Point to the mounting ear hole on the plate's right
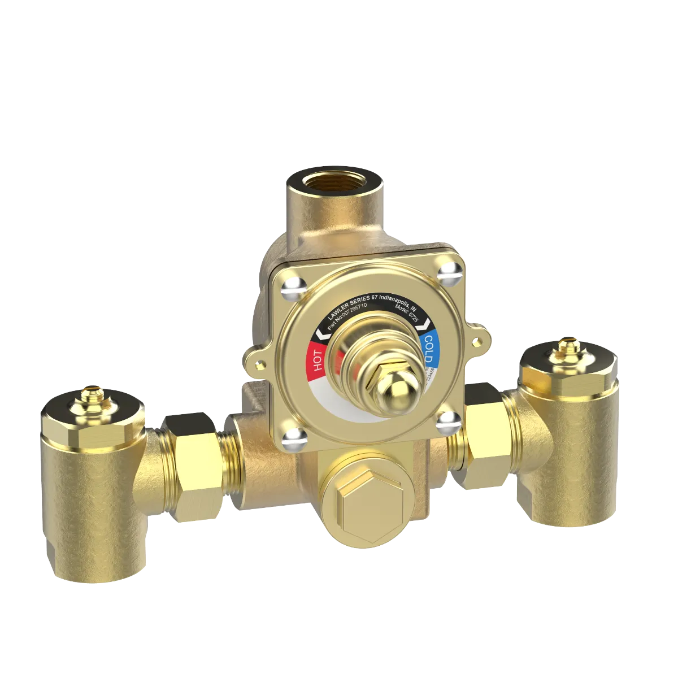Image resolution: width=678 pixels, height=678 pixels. pos(481,341)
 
